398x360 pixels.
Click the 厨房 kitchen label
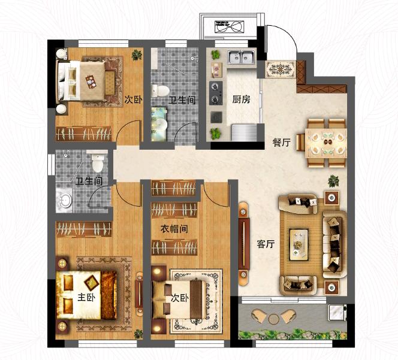[x=241, y=99]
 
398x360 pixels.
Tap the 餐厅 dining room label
[x=281, y=143]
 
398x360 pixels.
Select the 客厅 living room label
[x=266, y=244]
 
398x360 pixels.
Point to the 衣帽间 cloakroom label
[x=174, y=229]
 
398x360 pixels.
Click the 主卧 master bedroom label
[x=86, y=297]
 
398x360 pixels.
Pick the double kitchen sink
[x=242, y=57]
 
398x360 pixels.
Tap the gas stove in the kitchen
[x=216, y=93]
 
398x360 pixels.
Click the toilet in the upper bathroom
[x=161, y=91]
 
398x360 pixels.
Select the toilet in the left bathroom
[x=98, y=161]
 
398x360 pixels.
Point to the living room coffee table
[x=298, y=244]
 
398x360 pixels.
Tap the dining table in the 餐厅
[x=326, y=143]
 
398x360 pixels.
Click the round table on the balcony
[x=273, y=319]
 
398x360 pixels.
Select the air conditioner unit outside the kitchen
[x=229, y=26]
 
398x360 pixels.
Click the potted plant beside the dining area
[x=333, y=181]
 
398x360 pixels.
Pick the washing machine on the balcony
[x=336, y=312]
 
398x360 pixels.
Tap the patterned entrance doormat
[x=281, y=69]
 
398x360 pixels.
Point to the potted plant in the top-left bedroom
[x=137, y=55]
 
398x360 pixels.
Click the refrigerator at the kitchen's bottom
[x=243, y=132]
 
